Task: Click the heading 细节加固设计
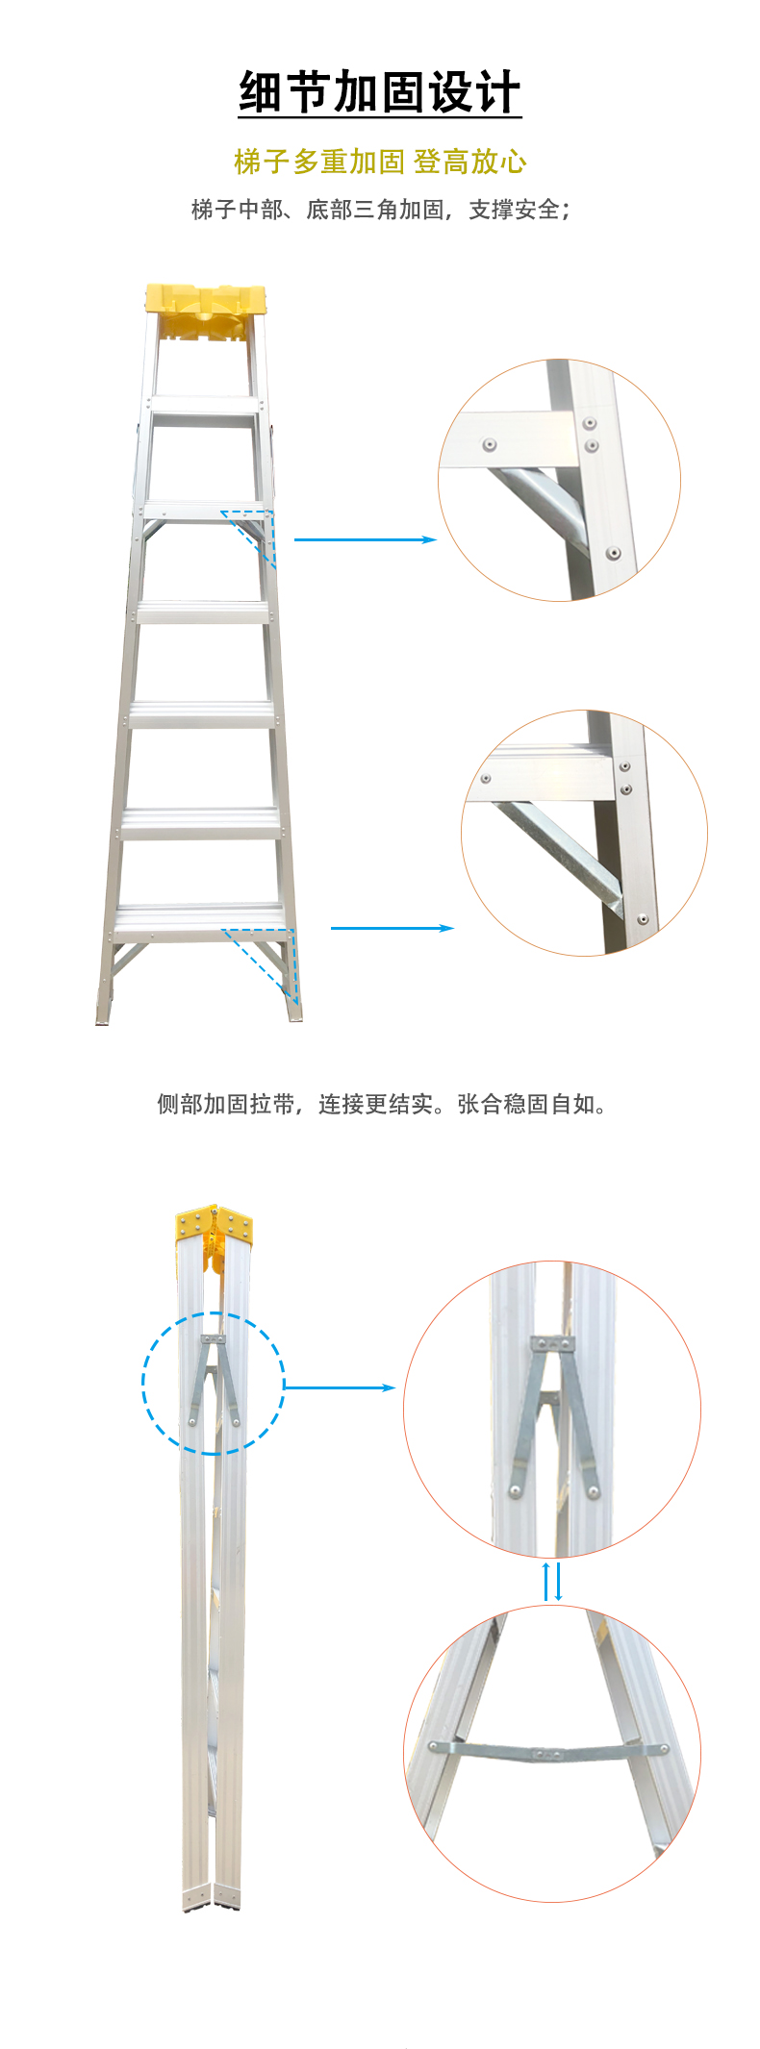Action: tap(380, 92)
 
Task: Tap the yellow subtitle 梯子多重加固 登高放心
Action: tap(380, 162)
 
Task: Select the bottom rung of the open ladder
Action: tap(200, 919)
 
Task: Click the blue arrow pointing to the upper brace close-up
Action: tap(366, 539)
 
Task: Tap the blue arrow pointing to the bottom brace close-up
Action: tap(392, 928)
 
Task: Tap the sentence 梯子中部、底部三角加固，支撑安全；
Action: tap(380, 210)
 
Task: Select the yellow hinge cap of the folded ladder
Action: tap(215, 1227)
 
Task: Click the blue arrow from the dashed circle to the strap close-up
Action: tap(340, 1387)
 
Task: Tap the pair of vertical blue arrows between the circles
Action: tap(552, 1582)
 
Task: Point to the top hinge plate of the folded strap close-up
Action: tap(553, 1343)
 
